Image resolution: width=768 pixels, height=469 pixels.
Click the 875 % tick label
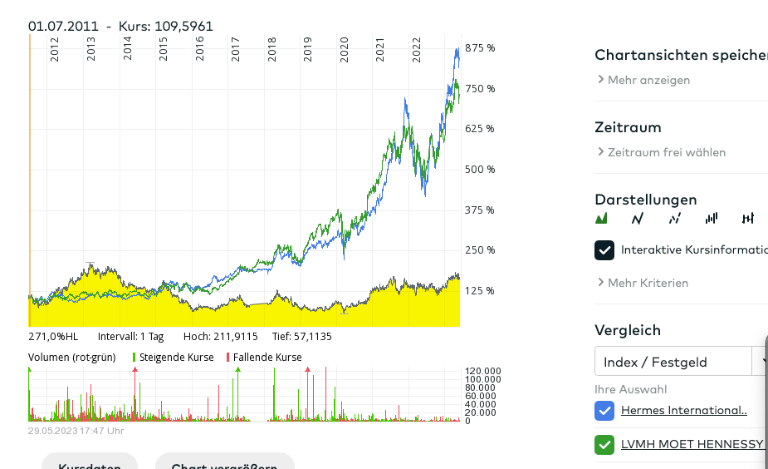pos(480,48)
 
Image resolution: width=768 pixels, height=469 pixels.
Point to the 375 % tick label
pos(480,210)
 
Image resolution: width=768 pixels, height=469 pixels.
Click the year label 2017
pos(236,49)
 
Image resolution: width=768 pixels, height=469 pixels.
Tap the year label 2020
pos(345,49)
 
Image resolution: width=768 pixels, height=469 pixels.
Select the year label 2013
pos(91,49)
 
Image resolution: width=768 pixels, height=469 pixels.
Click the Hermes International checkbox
pos(604,410)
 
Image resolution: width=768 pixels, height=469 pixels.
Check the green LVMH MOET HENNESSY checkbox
pos(604,444)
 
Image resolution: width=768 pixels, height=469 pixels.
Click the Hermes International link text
pos(683,410)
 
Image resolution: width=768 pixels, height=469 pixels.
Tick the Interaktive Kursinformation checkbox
pos(604,249)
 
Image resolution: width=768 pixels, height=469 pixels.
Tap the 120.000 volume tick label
pos(482,371)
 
